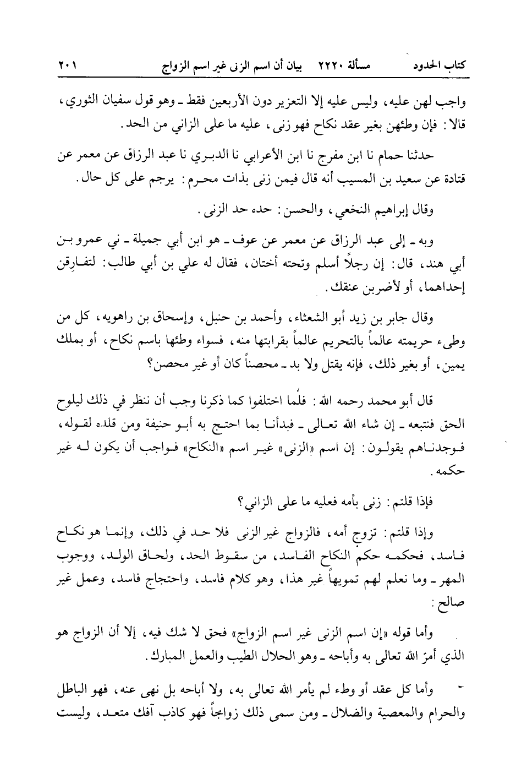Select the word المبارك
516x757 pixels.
tap(168, 657)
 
